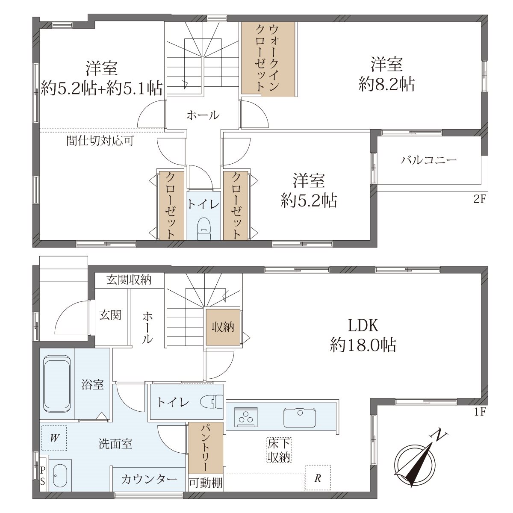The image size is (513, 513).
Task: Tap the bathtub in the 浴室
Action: click(57, 383)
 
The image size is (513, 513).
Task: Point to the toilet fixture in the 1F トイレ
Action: click(212, 402)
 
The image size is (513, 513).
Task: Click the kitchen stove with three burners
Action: click(245, 418)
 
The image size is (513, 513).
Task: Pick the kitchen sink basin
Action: click(300, 417)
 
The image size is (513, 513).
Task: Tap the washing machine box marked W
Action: click(54, 438)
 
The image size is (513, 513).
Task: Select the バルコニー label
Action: click(429, 160)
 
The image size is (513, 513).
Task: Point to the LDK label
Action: click(363, 325)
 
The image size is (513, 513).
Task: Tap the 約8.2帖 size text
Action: click(386, 84)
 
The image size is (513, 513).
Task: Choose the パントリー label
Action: click(206, 448)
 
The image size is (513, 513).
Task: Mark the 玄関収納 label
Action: click(129, 280)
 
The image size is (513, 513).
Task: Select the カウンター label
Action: click(149, 480)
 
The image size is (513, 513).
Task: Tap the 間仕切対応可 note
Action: click(100, 141)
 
